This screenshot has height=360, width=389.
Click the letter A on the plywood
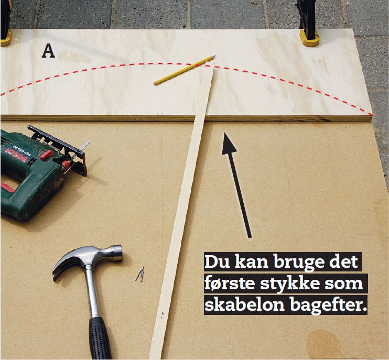(x=48, y=51)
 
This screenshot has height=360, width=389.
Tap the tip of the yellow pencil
(x=215, y=56)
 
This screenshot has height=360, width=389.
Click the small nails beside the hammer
(x=140, y=274)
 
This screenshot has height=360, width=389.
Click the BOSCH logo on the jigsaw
(x=16, y=155)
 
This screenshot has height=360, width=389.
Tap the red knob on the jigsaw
(x=46, y=155)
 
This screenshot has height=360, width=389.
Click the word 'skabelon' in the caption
(x=244, y=304)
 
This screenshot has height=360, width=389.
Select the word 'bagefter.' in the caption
(x=328, y=304)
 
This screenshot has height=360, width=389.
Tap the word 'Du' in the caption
(x=216, y=261)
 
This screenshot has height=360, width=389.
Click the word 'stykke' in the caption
(x=289, y=283)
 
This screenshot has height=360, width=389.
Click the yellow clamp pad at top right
(x=309, y=38)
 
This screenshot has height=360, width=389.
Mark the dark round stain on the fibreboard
(x=323, y=344)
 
